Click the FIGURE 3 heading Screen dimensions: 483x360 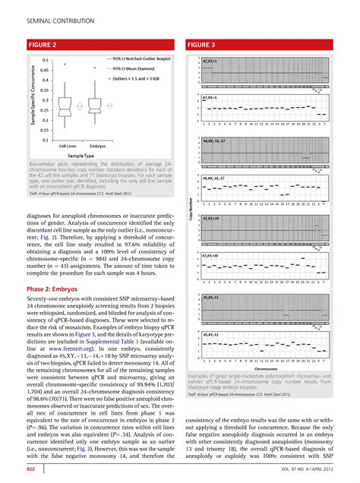pyautogui.click(x=205, y=44)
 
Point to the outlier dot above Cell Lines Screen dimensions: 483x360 pyautogui.click(x=67, y=65)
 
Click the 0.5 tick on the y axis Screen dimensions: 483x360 pyautogui.click(x=46, y=60)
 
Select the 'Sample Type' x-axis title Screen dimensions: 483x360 pyautogui.click(x=82, y=154)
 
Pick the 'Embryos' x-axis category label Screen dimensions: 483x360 pyautogui.click(x=97, y=145)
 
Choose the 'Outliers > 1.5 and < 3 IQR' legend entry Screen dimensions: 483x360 pyautogui.click(x=141, y=77)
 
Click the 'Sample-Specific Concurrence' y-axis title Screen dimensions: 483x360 pyautogui.click(x=33, y=99)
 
